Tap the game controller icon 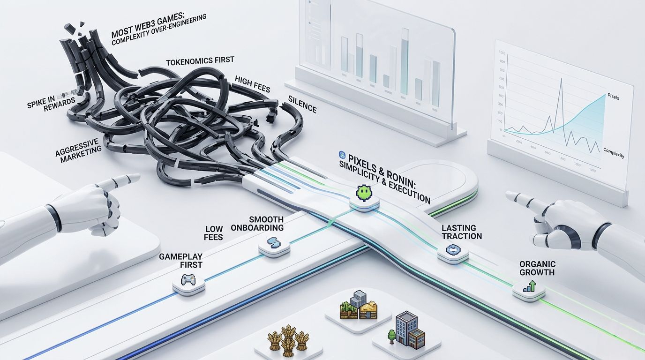189,280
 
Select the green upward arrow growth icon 529,285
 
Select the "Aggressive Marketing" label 78,150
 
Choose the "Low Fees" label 214,233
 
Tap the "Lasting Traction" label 462,232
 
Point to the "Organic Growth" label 537,268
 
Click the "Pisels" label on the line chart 613,97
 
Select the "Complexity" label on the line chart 613,153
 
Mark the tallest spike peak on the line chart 561,79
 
